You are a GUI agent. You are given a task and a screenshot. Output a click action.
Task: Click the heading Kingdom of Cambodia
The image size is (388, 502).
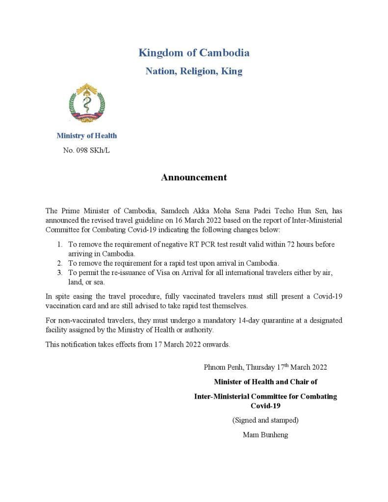(194, 52)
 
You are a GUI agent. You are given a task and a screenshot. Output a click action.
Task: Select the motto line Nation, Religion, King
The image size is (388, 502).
(194, 71)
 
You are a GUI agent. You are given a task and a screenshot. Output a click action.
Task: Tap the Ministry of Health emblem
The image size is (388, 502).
(87, 103)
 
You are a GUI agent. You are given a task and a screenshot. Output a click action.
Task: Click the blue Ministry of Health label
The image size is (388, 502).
(86, 135)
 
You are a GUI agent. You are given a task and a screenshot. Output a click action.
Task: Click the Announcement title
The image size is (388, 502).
(194, 177)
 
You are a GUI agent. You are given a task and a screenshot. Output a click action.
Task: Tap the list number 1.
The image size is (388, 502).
(59, 244)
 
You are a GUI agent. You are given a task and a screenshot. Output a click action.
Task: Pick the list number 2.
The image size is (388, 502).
(59, 263)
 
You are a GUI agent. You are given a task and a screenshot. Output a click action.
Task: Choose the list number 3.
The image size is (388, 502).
(59, 272)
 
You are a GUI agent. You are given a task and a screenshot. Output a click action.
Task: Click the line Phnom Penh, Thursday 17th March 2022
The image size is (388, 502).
(265, 367)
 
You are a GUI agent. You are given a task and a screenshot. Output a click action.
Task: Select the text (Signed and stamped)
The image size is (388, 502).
(265, 420)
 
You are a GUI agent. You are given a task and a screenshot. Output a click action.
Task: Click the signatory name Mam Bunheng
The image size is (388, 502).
(265, 434)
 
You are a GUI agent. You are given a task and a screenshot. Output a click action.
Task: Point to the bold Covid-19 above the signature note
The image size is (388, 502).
(265, 406)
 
